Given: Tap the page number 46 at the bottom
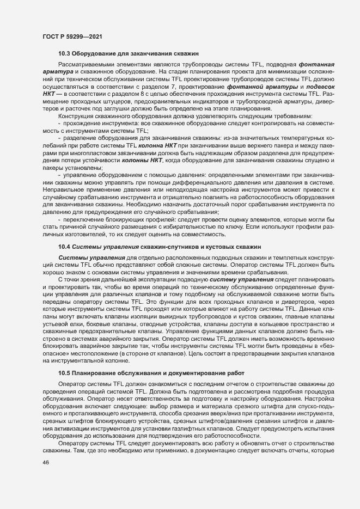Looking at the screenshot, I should [x=46, y=478].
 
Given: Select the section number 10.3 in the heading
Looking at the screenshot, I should [x=64, y=53].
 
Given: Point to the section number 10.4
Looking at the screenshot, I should [x=64, y=247].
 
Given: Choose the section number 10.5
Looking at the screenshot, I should [x=64, y=373].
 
